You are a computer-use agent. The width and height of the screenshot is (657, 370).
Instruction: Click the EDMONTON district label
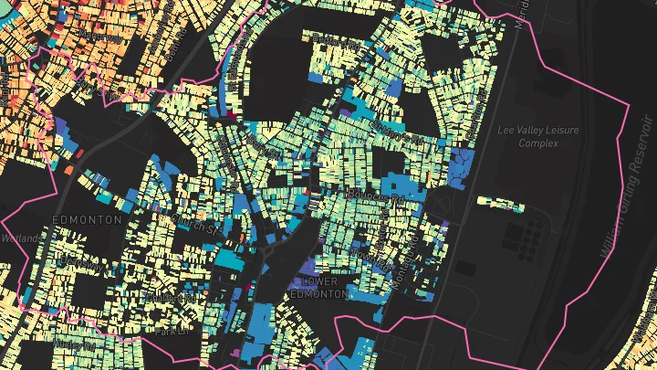(x=89, y=220)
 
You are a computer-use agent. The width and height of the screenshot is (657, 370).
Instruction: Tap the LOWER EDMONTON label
(x=318, y=289)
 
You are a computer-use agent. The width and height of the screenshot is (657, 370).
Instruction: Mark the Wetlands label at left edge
(x=20, y=238)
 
